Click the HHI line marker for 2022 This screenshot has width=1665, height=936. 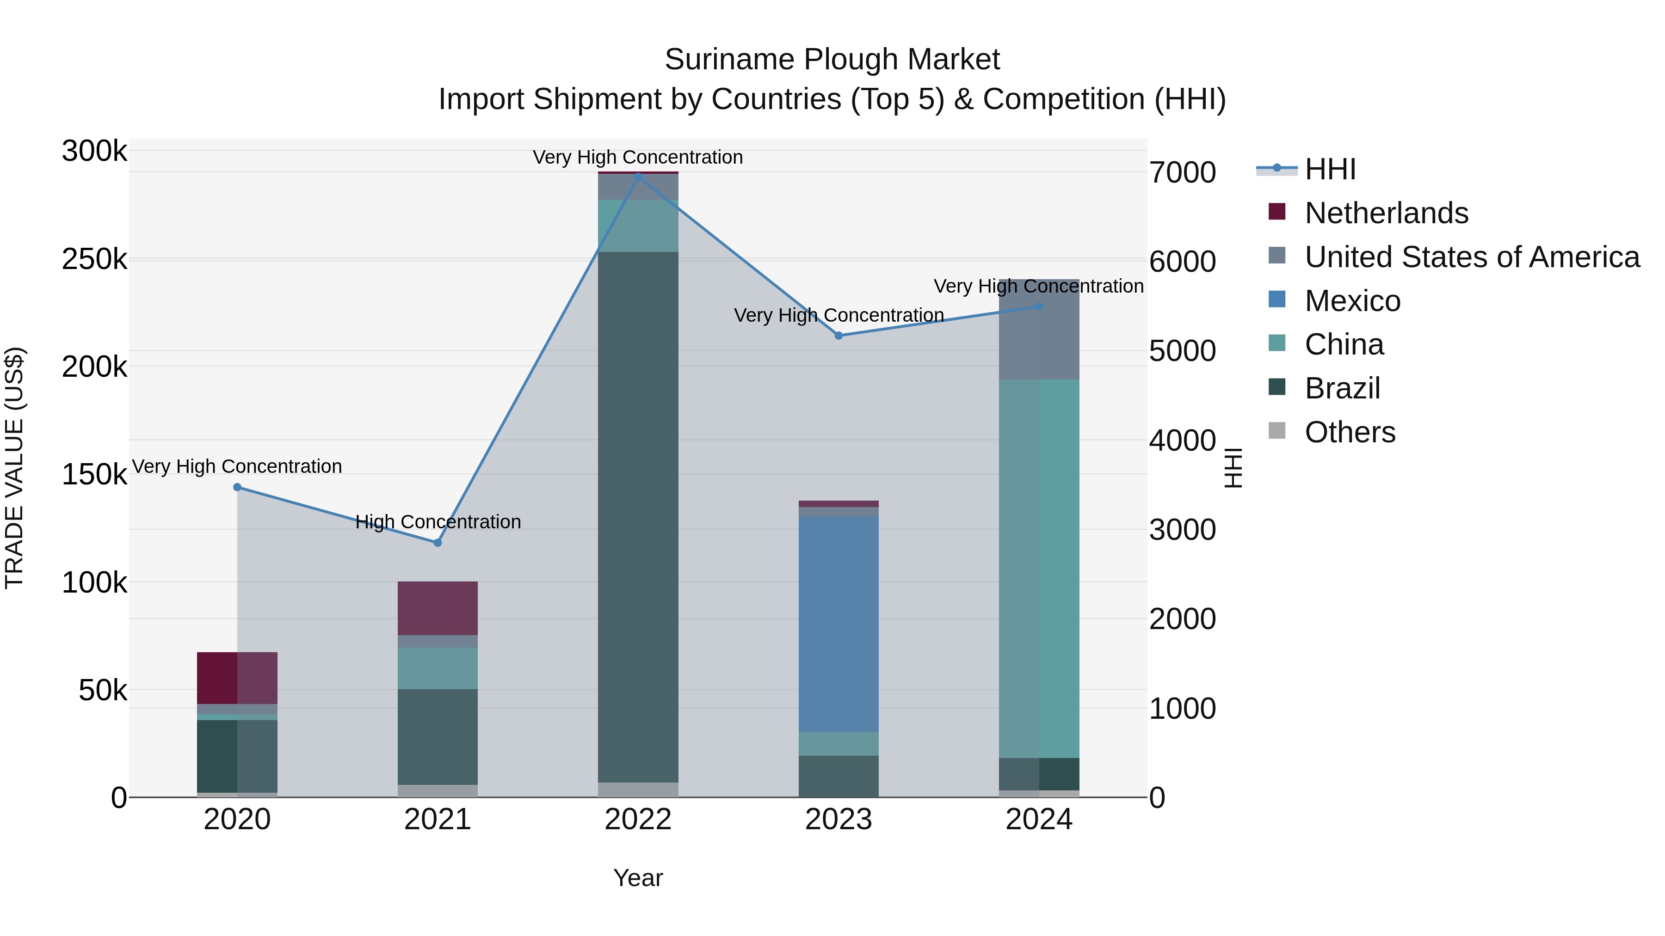[x=638, y=176]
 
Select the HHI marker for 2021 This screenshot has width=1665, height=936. [x=438, y=543]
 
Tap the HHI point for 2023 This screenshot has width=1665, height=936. [x=839, y=335]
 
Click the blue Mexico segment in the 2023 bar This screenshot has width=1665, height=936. [x=839, y=624]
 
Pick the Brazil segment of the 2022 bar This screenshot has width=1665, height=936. [x=638, y=517]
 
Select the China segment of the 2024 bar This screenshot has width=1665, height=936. [x=1039, y=569]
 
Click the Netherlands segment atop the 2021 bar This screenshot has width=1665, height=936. [x=438, y=608]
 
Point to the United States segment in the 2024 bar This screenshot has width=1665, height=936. [x=1039, y=330]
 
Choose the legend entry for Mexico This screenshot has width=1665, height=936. [x=1352, y=301]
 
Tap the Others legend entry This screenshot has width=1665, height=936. [x=1350, y=432]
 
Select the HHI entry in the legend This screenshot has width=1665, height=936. [x=1330, y=169]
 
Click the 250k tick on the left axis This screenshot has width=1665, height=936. [x=94, y=260]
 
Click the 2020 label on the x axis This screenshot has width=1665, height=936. [x=237, y=820]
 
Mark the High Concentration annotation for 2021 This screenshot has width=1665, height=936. [x=438, y=522]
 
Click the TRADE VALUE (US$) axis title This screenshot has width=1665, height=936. [x=14, y=468]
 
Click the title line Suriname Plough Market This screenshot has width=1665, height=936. [x=832, y=60]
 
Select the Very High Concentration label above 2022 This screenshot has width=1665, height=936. [x=638, y=158]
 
